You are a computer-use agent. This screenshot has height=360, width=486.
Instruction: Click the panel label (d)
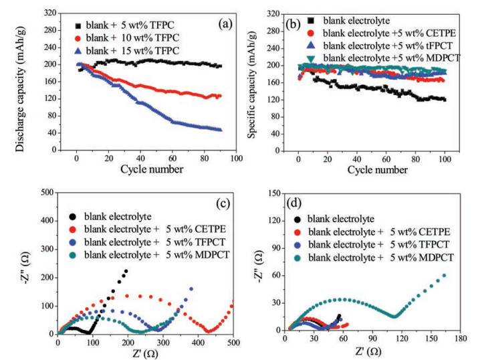tap(295, 202)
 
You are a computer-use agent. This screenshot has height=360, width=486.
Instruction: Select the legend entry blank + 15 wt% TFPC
tap(124, 50)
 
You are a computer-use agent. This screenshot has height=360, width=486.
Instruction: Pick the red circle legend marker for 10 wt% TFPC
tap(79, 37)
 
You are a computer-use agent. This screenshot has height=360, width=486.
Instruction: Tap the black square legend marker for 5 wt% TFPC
tap(79, 25)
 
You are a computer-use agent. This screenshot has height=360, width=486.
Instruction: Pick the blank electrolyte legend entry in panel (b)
tap(355, 20)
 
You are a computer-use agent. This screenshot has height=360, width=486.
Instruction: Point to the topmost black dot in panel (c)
tap(126, 271)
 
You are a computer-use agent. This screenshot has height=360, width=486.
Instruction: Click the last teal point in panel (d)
tap(444, 275)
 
